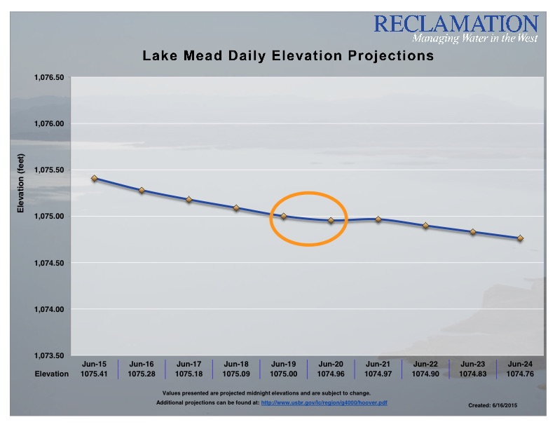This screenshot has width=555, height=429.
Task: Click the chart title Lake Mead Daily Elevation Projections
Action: pos(288,55)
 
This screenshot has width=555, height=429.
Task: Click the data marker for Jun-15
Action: pos(95,178)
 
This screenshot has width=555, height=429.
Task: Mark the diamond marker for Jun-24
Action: pos(520,238)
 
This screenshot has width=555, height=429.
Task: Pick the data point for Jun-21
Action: pos(378,219)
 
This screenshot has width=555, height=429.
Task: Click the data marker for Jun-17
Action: pos(189,199)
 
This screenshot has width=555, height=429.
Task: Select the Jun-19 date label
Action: pos(284,365)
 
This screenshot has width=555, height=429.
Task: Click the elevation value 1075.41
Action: pos(95,374)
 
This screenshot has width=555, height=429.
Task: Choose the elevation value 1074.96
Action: pos(331,374)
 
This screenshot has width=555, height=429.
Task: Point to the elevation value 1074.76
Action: pos(520,374)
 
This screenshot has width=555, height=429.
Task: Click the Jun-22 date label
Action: pos(425,365)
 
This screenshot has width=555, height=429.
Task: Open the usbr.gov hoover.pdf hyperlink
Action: pos(325,403)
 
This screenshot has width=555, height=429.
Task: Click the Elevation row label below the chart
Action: pos(52,374)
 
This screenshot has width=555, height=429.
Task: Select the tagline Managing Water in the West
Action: pos(474,38)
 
